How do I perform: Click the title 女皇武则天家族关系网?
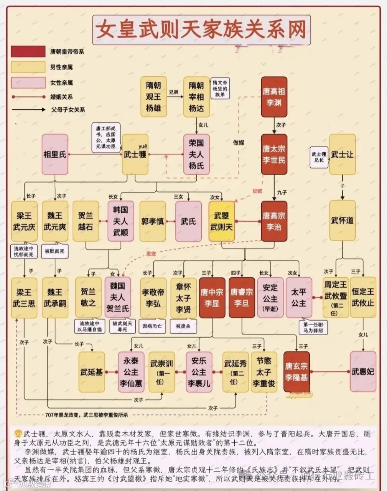click(x=201, y=30)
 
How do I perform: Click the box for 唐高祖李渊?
click(x=274, y=97)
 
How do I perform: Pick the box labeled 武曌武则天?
click(x=222, y=221)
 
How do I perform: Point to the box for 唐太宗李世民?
click(x=274, y=154)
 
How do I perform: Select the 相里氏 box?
click(x=55, y=154)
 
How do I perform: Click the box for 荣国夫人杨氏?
click(x=196, y=154)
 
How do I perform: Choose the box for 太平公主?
click(x=299, y=298)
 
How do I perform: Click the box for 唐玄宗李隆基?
click(x=296, y=372)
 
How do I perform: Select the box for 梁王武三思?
click(x=24, y=298)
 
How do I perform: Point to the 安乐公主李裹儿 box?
click(x=199, y=372)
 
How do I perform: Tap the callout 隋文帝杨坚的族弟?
click(x=220, y=87)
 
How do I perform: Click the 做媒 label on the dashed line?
click(x=239, y=143)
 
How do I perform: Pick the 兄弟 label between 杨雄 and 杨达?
click(x=174, y=92)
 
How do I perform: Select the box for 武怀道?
click(x=342, y=221)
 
